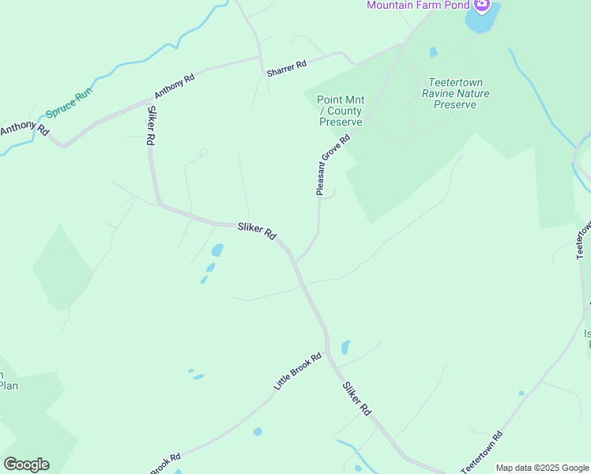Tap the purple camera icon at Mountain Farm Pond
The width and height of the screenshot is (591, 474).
[x=479, y=4]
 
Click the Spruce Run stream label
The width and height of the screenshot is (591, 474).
[x=69, y=103]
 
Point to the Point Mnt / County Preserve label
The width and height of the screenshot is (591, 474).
[x=341, y=111]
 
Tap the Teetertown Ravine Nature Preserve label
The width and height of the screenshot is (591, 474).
[x=456, y=93]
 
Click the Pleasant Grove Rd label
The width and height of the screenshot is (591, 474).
[x=332, y=164]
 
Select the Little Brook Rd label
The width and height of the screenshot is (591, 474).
[x=298, y=371]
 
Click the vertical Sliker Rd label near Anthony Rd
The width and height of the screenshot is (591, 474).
[x=150, y=126]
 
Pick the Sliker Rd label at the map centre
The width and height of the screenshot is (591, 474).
[x=257, y=231]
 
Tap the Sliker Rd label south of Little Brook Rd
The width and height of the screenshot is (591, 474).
[x=356, y=399]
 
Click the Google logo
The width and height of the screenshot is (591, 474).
[x=26, y=465]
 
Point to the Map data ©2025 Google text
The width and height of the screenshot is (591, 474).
[x=542, y=468]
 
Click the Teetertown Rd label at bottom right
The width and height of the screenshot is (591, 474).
[x=482, y=453]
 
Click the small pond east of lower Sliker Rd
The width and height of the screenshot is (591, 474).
[x=345, y=347]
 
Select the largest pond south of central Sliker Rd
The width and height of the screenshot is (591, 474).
[x=216, y=250]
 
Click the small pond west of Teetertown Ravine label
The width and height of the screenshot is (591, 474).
[x=432, y=52]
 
